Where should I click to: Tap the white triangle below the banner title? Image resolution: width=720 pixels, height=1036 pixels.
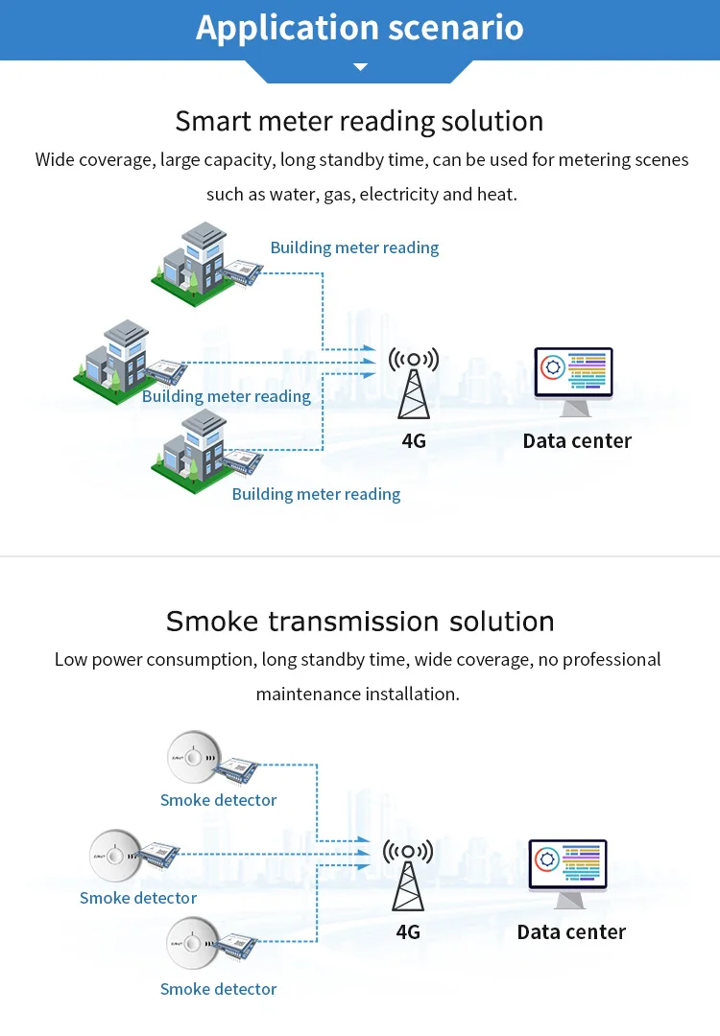(360, 67)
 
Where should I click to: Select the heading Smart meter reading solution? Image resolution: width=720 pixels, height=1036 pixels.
(359, 122)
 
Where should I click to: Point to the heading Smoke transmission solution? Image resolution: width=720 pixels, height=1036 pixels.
(360, 621)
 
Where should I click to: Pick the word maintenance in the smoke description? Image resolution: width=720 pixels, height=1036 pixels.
(303, 694)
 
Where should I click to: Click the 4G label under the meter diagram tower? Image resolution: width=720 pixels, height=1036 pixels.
(414, 441)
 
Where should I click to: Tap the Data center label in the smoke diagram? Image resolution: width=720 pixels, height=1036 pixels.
(571, 932)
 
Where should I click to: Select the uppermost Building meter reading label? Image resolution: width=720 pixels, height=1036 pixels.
(354, 247)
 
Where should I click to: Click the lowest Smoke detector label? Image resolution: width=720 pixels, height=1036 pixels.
(218, 989)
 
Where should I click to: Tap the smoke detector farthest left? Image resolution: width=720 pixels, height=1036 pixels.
(115, 855)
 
